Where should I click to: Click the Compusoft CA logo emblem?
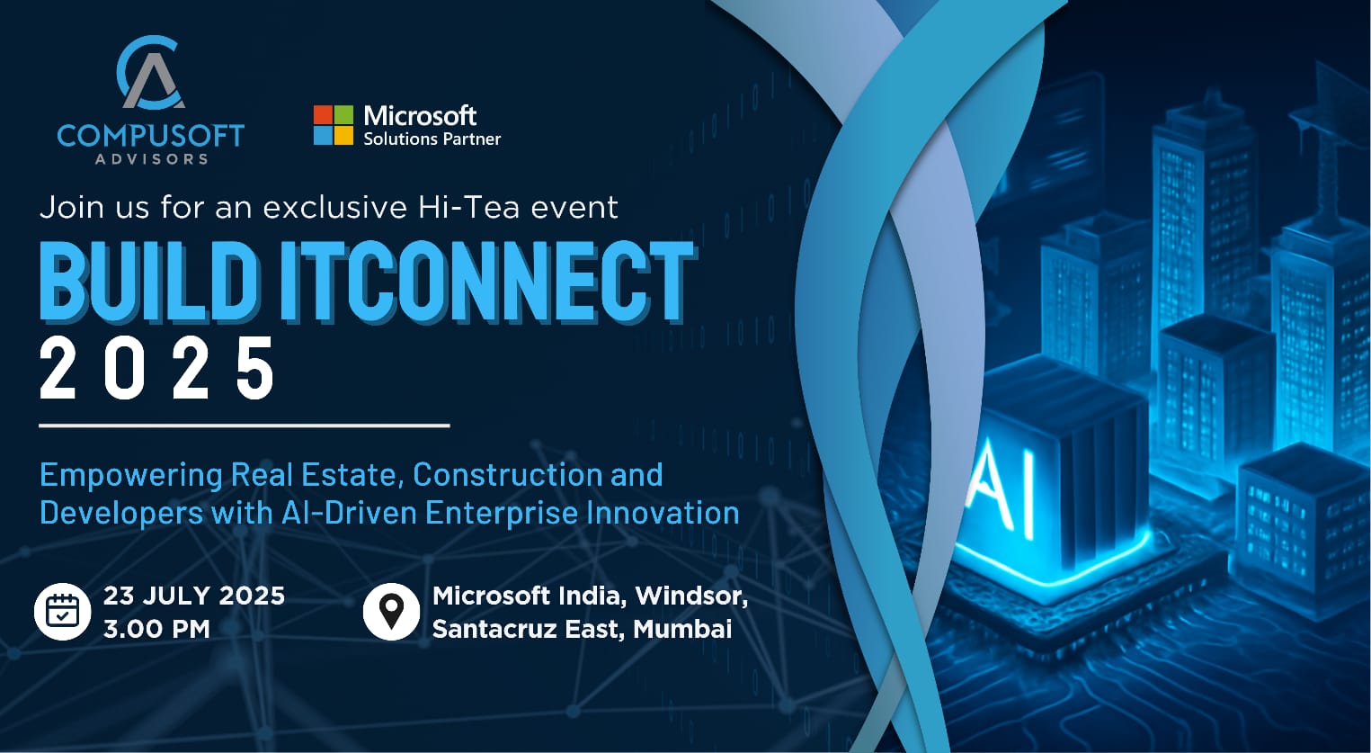pos(150,72)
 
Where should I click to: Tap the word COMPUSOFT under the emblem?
pos(150,136)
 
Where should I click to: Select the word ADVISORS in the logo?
pos(151,159)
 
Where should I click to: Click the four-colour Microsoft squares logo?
pos(334,125)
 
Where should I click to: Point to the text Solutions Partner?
pos(432,139)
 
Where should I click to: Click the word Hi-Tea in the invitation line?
pos(468,207)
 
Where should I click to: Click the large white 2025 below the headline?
pos(157,368)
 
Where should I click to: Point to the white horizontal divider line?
pos(245,425)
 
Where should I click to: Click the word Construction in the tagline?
pos(507,474)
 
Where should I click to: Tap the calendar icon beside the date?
pos(62,612)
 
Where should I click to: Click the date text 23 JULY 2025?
pos(194,596)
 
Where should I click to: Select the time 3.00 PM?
pos(156,629)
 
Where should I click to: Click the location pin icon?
pos(391,612)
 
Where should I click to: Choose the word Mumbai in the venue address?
pos(682,629)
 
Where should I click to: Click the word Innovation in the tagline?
pos(663,512)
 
